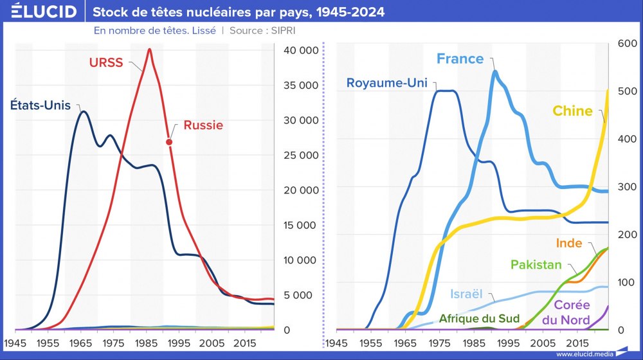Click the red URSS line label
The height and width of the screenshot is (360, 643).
pos(105,62)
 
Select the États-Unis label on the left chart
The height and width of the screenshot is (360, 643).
pos(40,105)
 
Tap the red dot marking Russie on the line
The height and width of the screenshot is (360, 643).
pos(169,142)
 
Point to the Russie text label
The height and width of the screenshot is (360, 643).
pos(203,125)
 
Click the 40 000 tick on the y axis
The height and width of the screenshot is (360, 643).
pos(298,51)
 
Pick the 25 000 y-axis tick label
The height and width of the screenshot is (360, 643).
pos(298,156)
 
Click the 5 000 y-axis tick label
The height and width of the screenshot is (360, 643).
pos(301,295)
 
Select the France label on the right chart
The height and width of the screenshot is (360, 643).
pos(460,59)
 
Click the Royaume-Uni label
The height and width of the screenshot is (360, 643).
pos(386,83)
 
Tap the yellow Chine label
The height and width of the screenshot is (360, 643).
pos(572,111)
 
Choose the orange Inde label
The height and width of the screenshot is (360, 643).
pos(569,244)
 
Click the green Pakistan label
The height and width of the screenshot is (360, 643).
pos(536,265)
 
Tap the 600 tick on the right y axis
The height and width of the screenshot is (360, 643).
pos(626,43)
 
